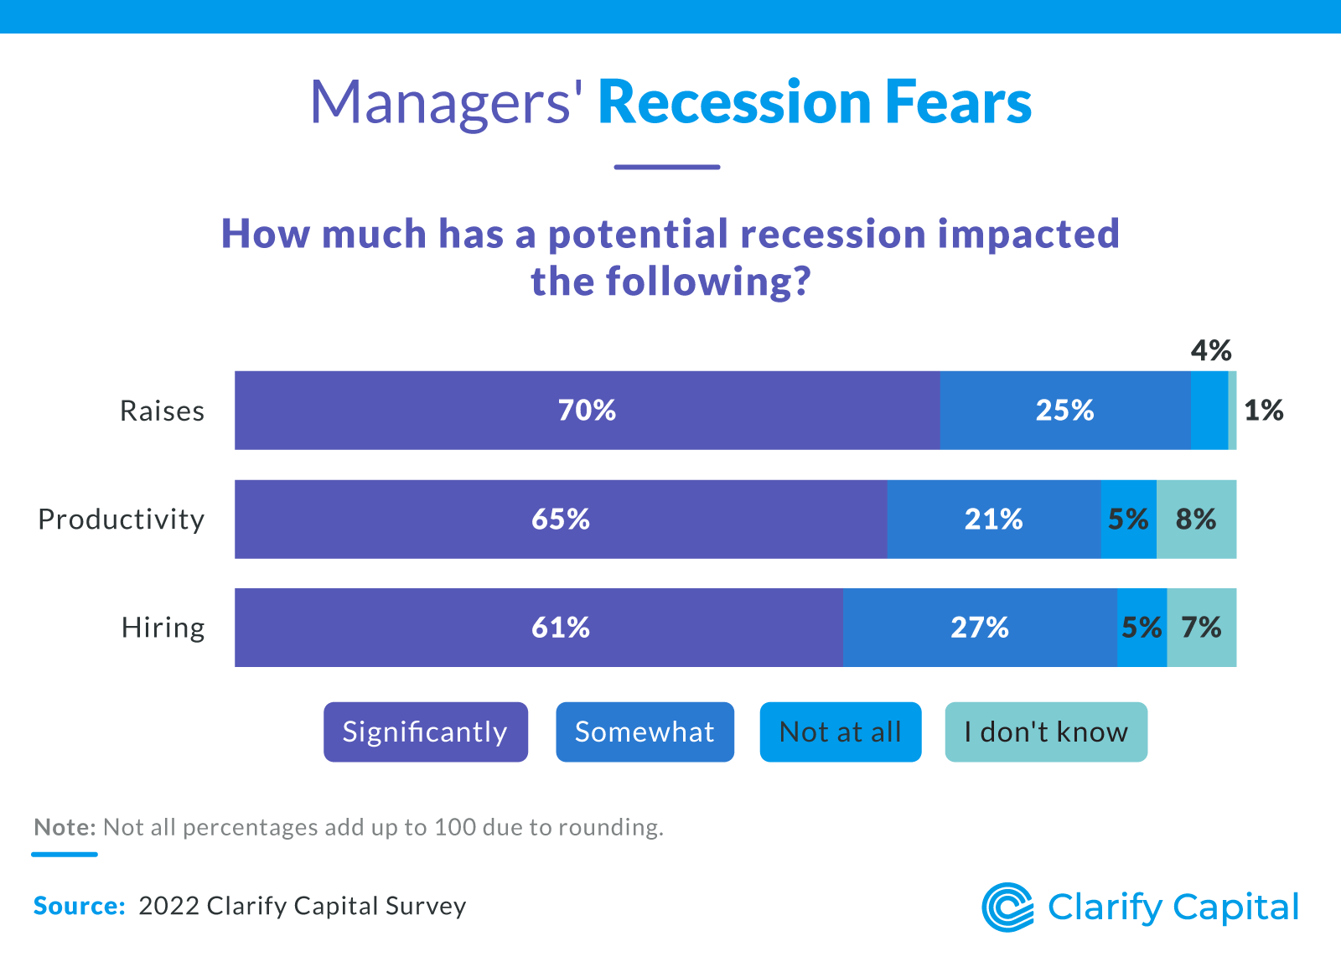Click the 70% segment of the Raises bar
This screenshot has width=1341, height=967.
tap(587, 411)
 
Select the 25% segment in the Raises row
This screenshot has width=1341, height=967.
tap(1064, 411)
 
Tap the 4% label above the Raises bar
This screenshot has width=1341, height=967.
tap(1211, 350)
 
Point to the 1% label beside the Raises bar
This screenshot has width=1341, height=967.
tap(1263, 411)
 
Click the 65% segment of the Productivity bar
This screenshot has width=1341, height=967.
tap(560, 520)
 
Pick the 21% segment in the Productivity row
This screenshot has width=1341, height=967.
tap(993, 520)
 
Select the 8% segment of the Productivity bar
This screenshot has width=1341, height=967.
tap(1196, 520)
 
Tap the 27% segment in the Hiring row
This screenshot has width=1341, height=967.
tap(979, 628)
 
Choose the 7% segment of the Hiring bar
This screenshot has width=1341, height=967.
tap(1201, 628)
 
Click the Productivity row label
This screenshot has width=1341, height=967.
tap(122, 520)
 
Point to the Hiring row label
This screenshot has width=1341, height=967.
tap(163, 628)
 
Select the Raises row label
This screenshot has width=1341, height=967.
tap(163, 411)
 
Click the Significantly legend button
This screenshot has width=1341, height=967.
tap(426, 732)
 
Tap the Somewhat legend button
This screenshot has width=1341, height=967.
tap(645, 732)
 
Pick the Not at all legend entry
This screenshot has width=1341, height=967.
tap(840, 732)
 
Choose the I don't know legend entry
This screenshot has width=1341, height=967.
tap(1045, 732)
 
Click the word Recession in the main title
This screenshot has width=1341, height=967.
tap(734, 102)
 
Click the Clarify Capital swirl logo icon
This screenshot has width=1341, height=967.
tap(1007, 907)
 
